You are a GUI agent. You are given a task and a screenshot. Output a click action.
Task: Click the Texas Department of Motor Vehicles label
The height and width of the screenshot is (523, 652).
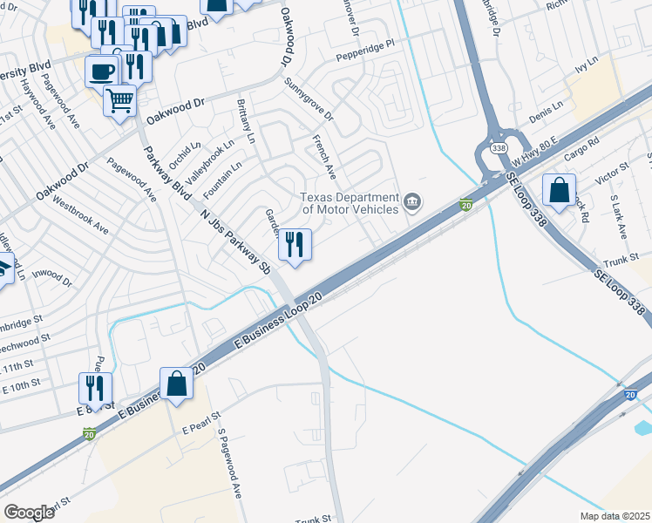[350, 203]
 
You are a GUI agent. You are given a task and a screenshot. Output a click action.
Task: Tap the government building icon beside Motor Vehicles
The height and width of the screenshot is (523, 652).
[413, 204]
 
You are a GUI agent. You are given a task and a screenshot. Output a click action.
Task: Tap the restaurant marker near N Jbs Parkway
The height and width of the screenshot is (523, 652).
[295, 244]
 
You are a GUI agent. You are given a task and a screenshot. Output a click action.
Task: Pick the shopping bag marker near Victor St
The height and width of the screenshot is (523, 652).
[558, 188]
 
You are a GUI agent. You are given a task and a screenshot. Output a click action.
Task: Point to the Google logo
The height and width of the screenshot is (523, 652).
[29, 513]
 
